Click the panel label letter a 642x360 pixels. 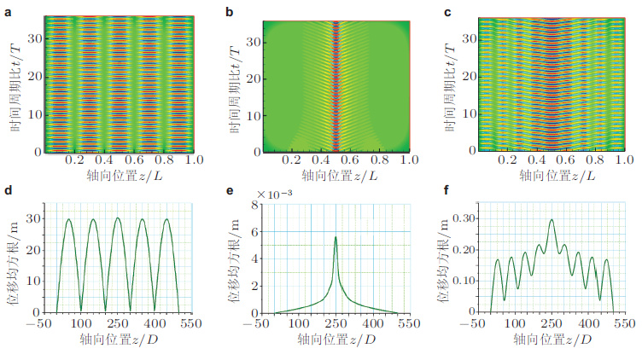coord(8,10)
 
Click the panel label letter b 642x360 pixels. coord(229,10)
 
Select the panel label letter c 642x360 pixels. coord(449,10)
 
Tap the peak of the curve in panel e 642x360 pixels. coord(336,237)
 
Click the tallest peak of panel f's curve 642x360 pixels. coord(552,219)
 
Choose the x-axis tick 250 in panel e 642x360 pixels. coord(336,324)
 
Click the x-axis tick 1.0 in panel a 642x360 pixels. coord(194,160)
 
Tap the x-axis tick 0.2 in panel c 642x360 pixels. coord(509,160)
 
